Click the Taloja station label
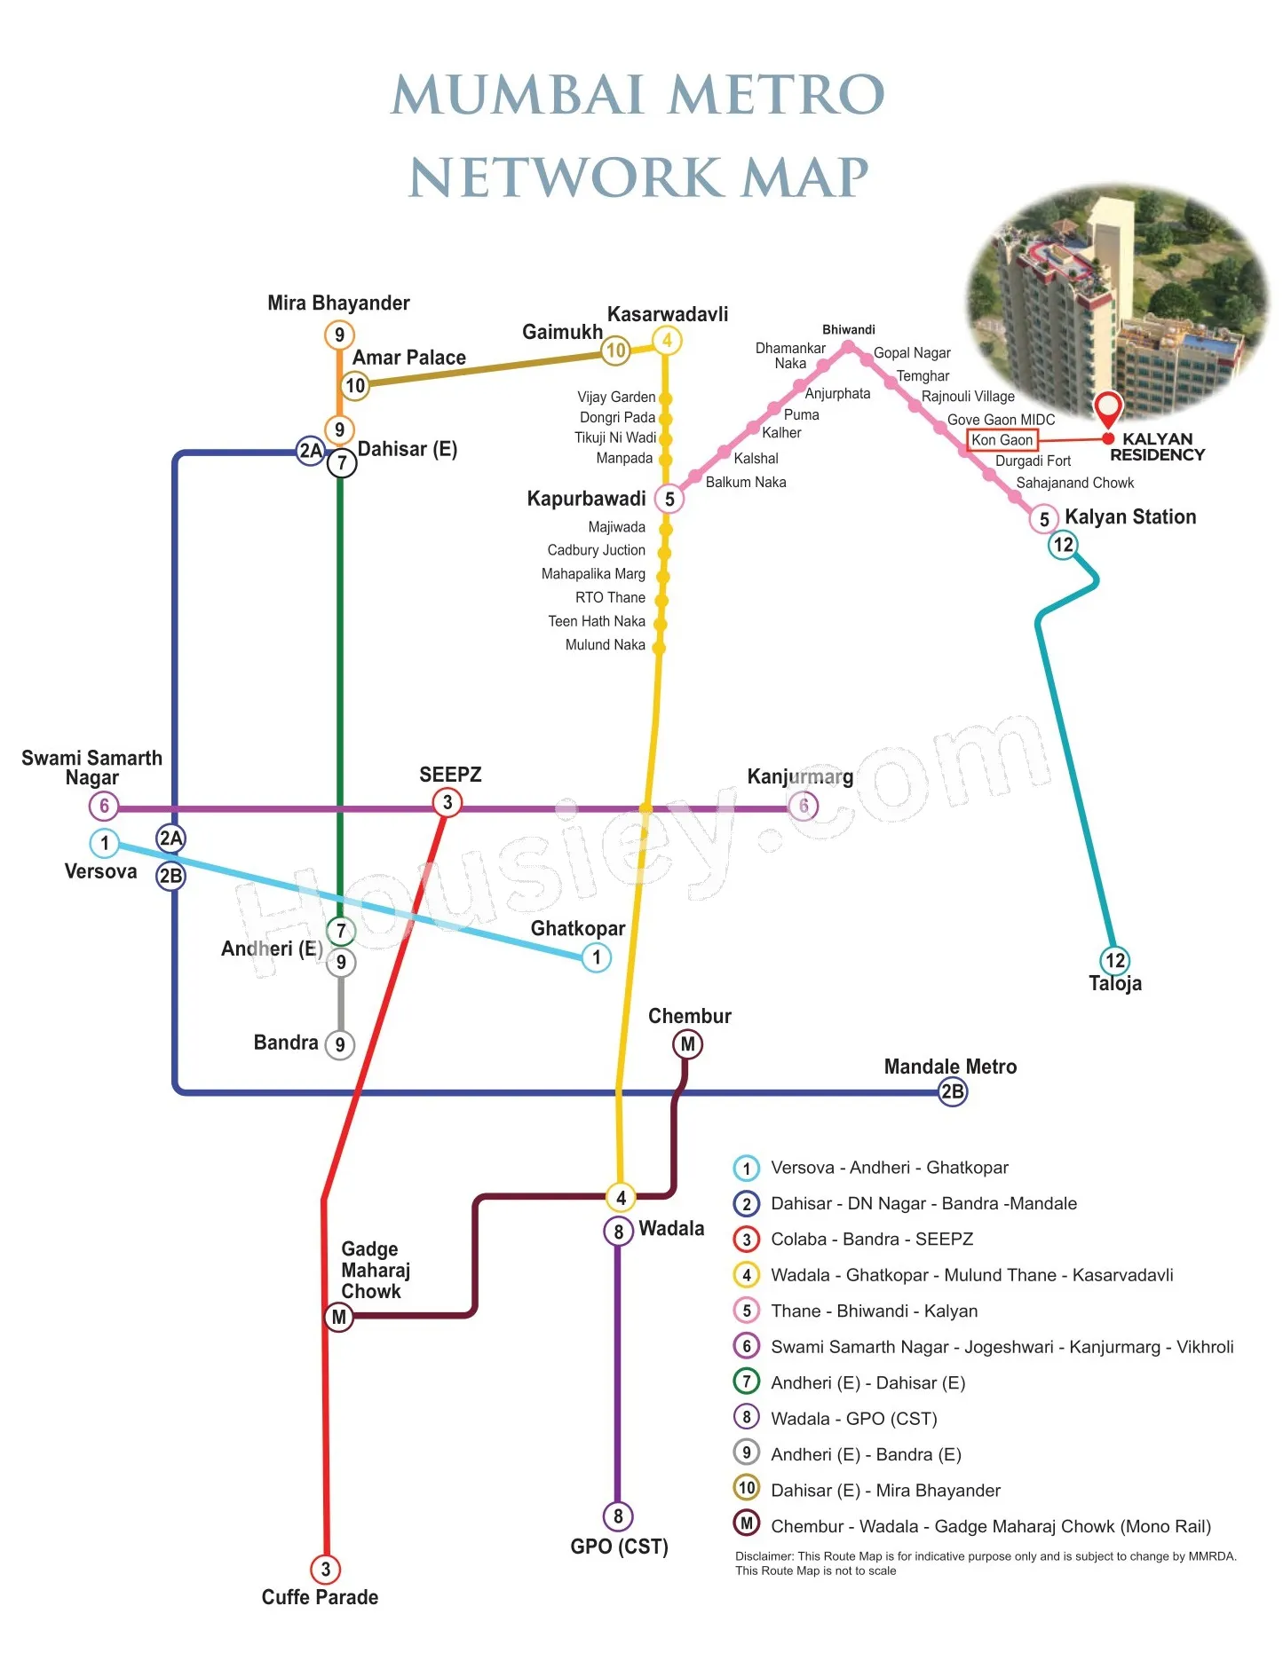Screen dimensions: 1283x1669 pyautogui.click(x=1115, y=983)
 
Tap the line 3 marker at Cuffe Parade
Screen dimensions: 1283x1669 pyautogui.click(x=326, y=1569)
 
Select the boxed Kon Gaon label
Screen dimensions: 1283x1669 pyautogui.click(x=1002, y=439)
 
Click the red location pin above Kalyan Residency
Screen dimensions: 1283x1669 pyautogui.click(x=1108, y=409)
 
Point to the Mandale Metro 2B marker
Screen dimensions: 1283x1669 pyautogui.click(x=953, y=1091)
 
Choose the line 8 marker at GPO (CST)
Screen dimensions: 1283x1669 pyautogui.click(x=618, y=1516)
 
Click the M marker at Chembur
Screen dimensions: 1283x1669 pyautogui.click(x=687, y=1044)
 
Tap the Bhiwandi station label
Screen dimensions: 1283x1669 pyautogui.click(x=849, y=329)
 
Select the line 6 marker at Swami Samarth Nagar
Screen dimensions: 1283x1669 pyautogui.click(x=104, y=806)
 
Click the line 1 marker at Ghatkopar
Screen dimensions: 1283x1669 pyautogui.click(x=597, y=957)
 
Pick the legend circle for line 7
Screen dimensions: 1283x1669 pyautogui.click(x=747, y=1382)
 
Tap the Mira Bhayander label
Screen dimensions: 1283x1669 pyautogui.click(x=338, y=303)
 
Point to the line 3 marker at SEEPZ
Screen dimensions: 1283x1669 pyautogui.click(x=447, y=802)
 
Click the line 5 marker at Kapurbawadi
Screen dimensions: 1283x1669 pyautogui.click(x=669, y=499)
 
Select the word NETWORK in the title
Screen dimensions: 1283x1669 pyautogui.click(x=566, y=177)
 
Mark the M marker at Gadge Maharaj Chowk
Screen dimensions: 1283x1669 pyautogui.click(x=338, y=1318)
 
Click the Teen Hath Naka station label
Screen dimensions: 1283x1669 pyautogui.click(x=597, y=621)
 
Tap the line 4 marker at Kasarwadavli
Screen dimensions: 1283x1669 pyautogui.click(x=667, y=340)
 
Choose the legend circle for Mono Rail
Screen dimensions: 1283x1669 pyautogui.click(x=747, y=1523)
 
